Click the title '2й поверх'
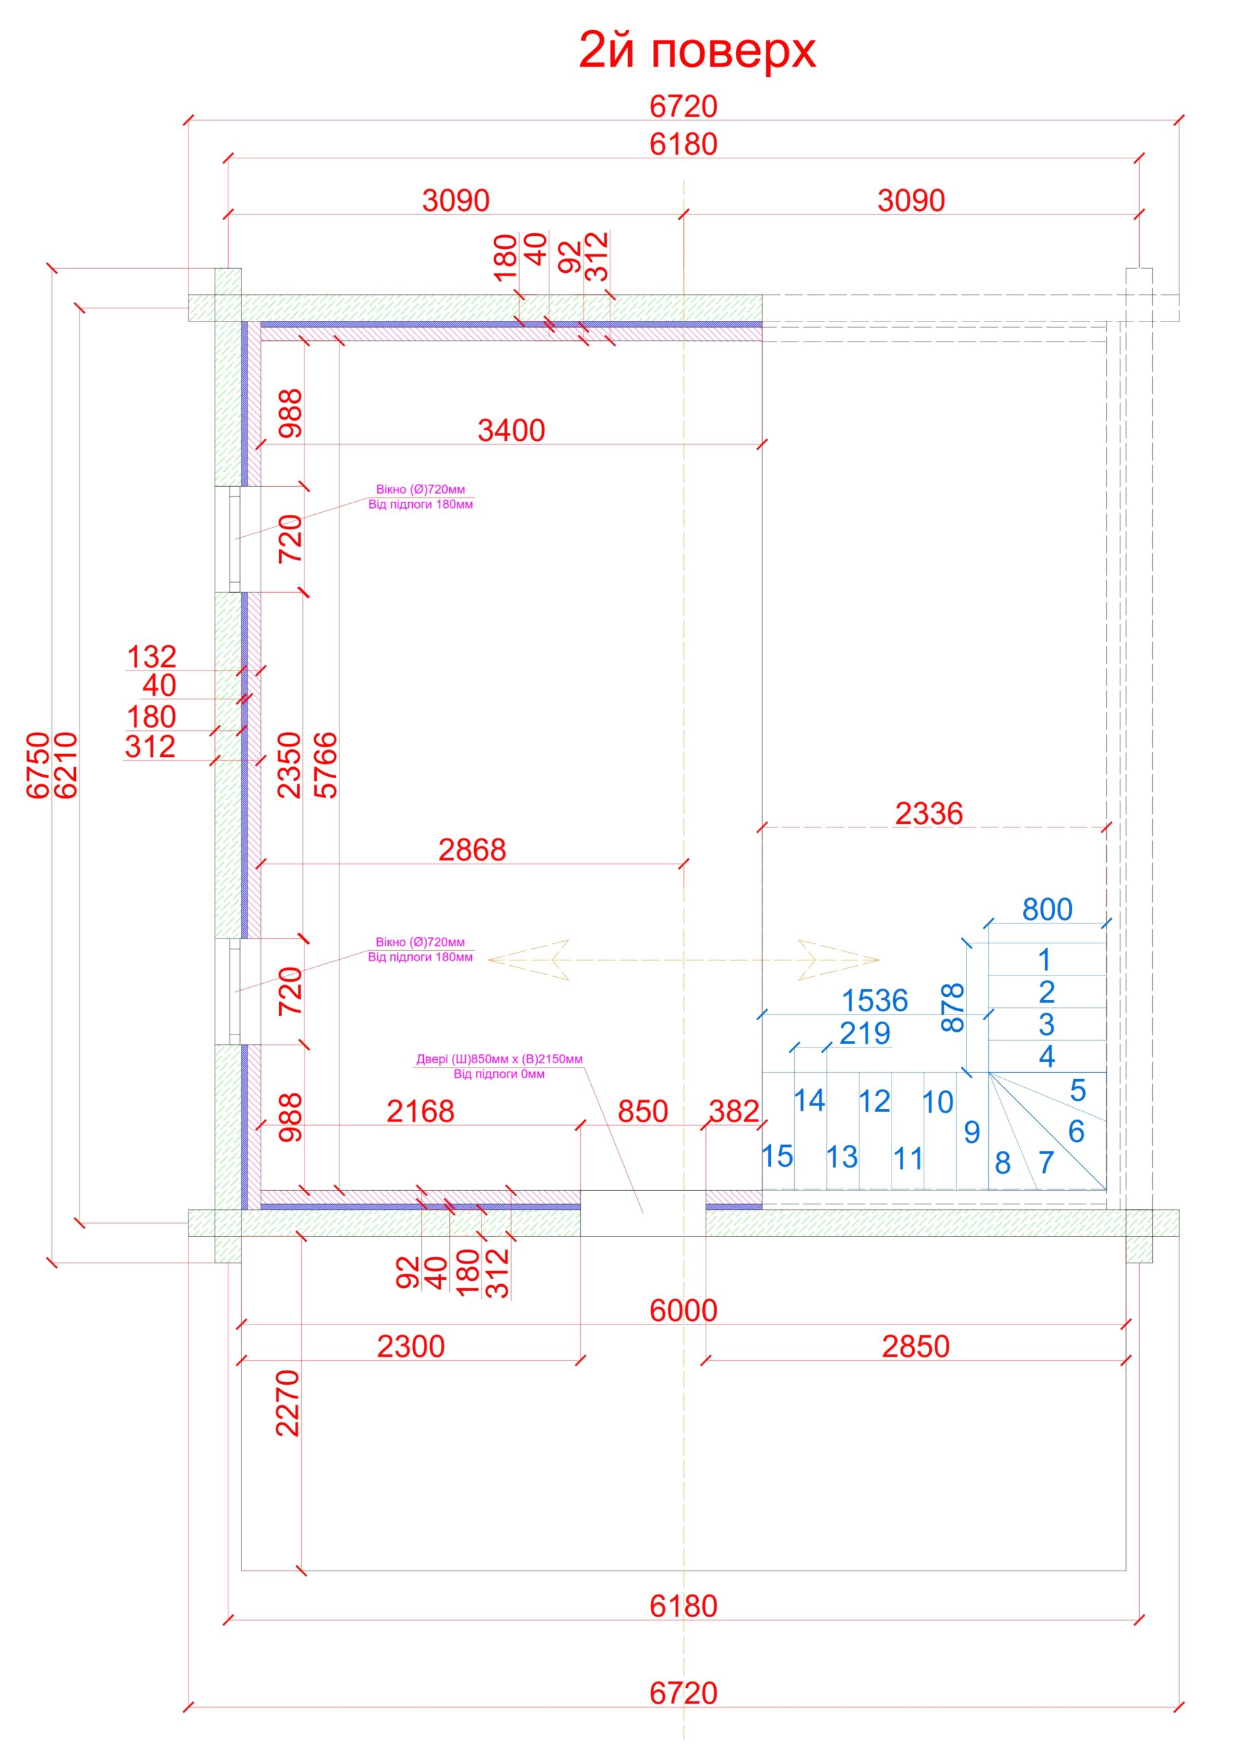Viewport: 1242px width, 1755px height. [x=697, y=52]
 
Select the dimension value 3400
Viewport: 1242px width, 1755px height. [x=511, y=431]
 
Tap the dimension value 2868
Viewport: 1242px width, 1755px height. [x=472, y=850]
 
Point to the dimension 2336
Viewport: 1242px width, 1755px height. [x=929, y=814]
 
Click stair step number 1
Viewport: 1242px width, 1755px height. [x=1044, y=960]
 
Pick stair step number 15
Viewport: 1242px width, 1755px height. [x=777, y=1157]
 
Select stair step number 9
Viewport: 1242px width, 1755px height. [x=971, y=1132]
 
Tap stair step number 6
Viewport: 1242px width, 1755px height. [x=1076, y=1131]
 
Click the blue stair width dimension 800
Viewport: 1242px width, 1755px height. [x=1047, y=910]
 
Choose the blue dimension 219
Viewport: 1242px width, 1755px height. [x=865, y=1033]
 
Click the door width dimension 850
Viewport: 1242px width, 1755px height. [x=643, y=1111]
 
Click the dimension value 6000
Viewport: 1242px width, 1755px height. [x=683, y=1311]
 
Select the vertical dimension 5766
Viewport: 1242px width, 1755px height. [x=326, y=765]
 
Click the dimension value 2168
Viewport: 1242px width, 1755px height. [x=420, y=1111]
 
